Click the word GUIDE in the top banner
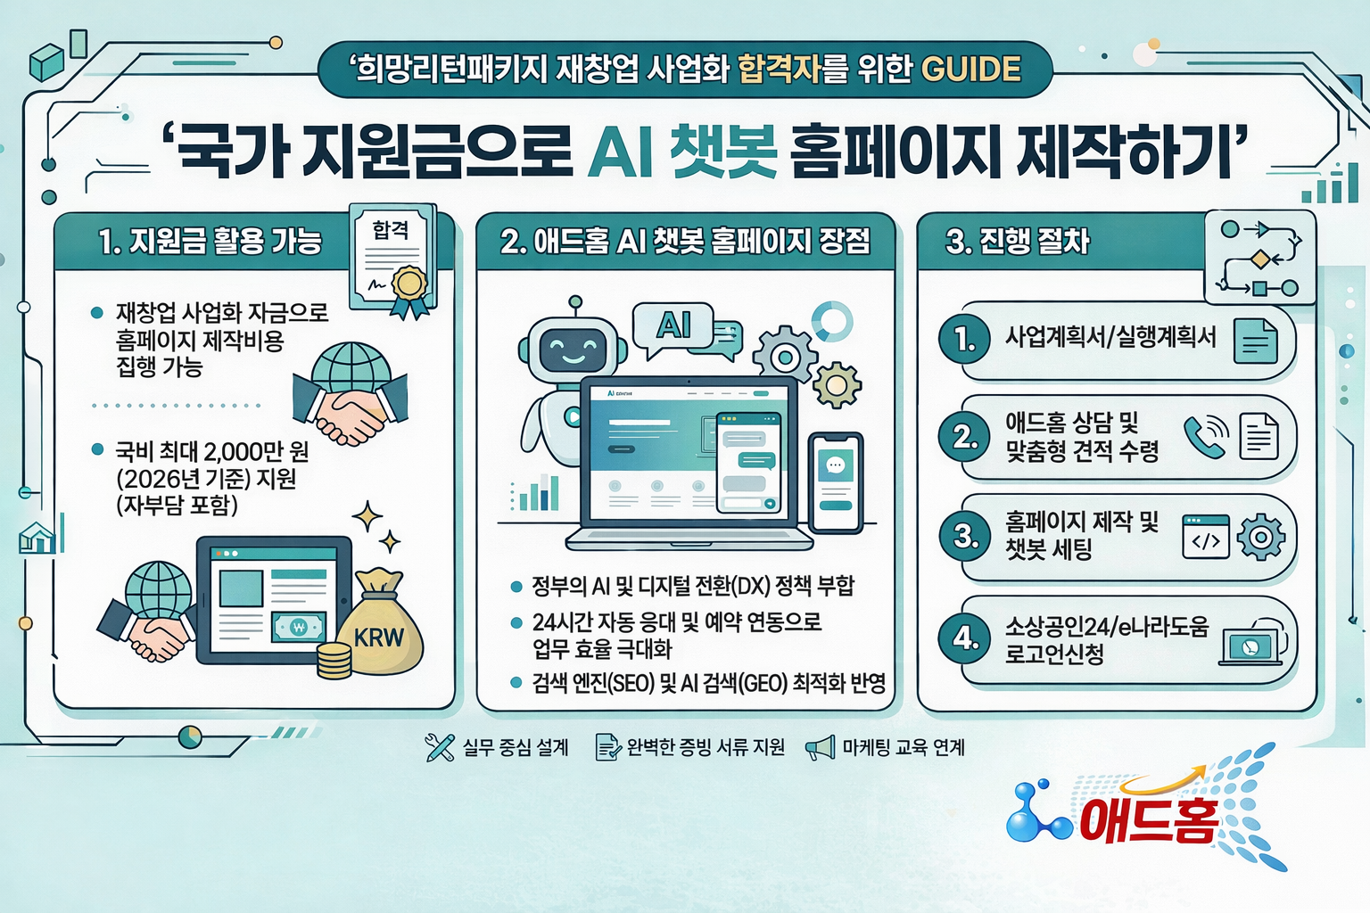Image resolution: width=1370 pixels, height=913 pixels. pyautogui.click(x=970, y=69)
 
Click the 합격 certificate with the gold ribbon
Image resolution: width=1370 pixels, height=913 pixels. pyautogui.click(x=393, y=259)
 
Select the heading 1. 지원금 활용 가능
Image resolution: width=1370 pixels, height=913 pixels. pyautogui.click(x=210, y=241)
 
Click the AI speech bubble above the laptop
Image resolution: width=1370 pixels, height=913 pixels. pyautogui.click(x=674, y=326)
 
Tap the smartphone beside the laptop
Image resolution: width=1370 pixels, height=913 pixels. pyautogui.click(x=835, y=482)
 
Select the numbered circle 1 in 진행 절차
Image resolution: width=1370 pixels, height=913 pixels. pyautogui.click(x=964, y=339)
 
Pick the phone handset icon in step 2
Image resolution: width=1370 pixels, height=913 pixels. pyautogui.click(x=1204, y=436)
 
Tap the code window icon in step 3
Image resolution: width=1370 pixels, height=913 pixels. pyautogui.click(x=1206, y=537)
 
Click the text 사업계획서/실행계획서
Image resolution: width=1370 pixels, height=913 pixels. pyautogui.click(x=1110, y=337)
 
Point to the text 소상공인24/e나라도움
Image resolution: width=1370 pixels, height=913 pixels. pyautogui.click(x=1107, y=626)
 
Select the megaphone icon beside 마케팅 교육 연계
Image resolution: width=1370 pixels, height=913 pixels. pyautogui.click(x=821, y=748)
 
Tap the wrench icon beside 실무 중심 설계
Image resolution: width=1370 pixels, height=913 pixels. pyautogui.click(x=440, y=747)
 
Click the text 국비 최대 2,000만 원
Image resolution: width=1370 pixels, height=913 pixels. pyautogui.click(x=212, y=451)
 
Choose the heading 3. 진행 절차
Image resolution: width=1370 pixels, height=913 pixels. pyautogui.click(x=1018, y=241)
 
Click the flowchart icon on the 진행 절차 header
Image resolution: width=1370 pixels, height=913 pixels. pyautogui.click(x=1259, y=258)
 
